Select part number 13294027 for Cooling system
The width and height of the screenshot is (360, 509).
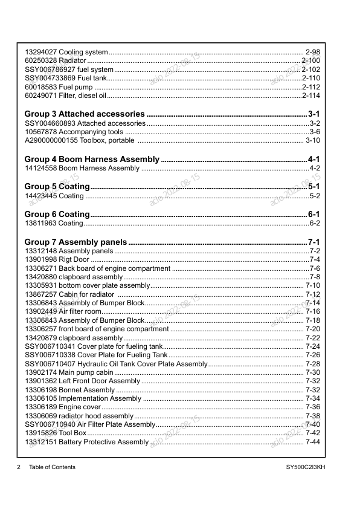[40, 52]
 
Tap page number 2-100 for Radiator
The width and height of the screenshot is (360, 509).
[310, 61]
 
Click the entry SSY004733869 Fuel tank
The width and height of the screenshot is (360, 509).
[66, 79]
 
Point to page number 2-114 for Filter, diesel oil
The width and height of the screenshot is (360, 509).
[310, 96]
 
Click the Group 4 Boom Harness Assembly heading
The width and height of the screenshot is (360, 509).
[92, 160]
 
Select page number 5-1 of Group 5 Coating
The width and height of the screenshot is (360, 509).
[314, 187]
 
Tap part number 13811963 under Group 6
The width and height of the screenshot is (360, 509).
[40, 223]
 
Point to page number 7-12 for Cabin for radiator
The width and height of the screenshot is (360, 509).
[312, 294]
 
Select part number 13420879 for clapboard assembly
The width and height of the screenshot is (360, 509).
[40, 338]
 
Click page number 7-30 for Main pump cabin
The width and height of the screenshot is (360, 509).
[312, 373]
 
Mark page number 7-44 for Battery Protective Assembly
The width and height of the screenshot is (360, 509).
[312, 443]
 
